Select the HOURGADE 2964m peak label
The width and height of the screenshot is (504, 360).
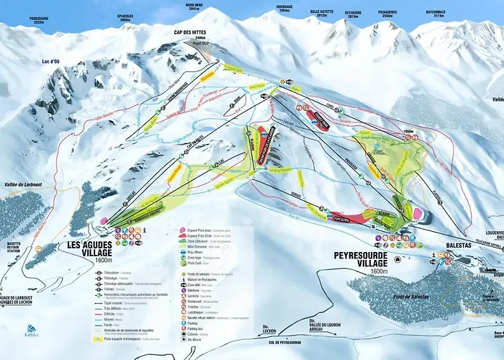(x=284, y=9)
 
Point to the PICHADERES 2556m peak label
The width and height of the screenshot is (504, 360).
(x=392, y=14)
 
